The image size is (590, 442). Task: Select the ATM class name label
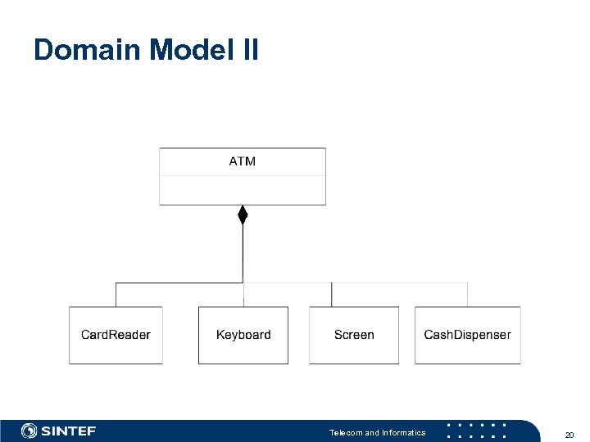242,161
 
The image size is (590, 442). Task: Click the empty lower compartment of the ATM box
242,190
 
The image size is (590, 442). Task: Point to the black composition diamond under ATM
243,214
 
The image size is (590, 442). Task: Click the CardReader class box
116,335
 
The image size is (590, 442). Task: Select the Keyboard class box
243,335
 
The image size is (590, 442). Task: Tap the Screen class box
354,335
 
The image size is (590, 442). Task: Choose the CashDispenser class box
467,335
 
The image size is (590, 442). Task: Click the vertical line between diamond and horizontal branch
243,254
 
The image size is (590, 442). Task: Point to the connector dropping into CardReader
116,295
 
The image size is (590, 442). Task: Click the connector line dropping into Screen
332,295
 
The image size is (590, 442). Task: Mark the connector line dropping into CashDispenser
468,295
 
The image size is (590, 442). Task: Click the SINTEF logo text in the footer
69,431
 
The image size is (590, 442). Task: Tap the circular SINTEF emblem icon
29,431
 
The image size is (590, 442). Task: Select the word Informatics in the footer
403,432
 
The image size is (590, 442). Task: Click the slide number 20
569,434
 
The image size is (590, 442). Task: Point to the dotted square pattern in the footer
475,431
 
